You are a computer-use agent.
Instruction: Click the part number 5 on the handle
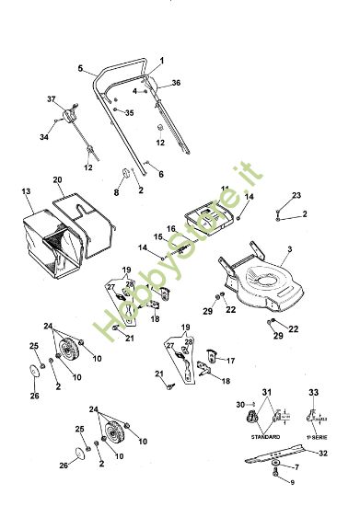click(80, 69)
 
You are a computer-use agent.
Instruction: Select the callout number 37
click(52, 98)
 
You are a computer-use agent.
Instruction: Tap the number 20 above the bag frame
click(57, 179)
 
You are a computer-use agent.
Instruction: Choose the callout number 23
click(296, 196)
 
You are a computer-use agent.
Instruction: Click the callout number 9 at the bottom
click(294, 483)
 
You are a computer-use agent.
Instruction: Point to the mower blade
click(295, 458)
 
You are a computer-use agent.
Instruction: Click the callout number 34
click(42, 137)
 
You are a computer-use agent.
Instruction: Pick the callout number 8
click(116, 192)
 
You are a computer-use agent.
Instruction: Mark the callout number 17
click(231, 360)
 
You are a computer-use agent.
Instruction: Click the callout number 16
click(171, 228)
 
